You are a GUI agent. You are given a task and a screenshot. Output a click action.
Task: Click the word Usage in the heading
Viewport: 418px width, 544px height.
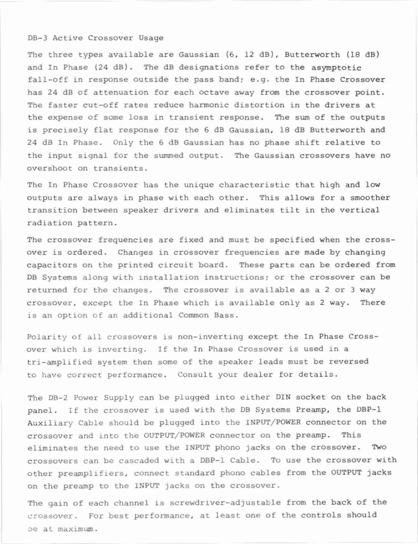click(x=151, y=38)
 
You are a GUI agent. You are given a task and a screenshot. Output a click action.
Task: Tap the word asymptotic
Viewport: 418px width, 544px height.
click(x=336, y=67)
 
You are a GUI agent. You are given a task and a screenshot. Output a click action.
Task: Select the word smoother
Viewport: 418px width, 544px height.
click(x=370, y=198)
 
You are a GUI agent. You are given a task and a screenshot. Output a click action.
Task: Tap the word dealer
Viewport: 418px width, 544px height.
click(x=259, y=374)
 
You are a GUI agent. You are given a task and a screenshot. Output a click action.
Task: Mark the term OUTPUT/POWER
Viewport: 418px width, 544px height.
click(x=174, y=436)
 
